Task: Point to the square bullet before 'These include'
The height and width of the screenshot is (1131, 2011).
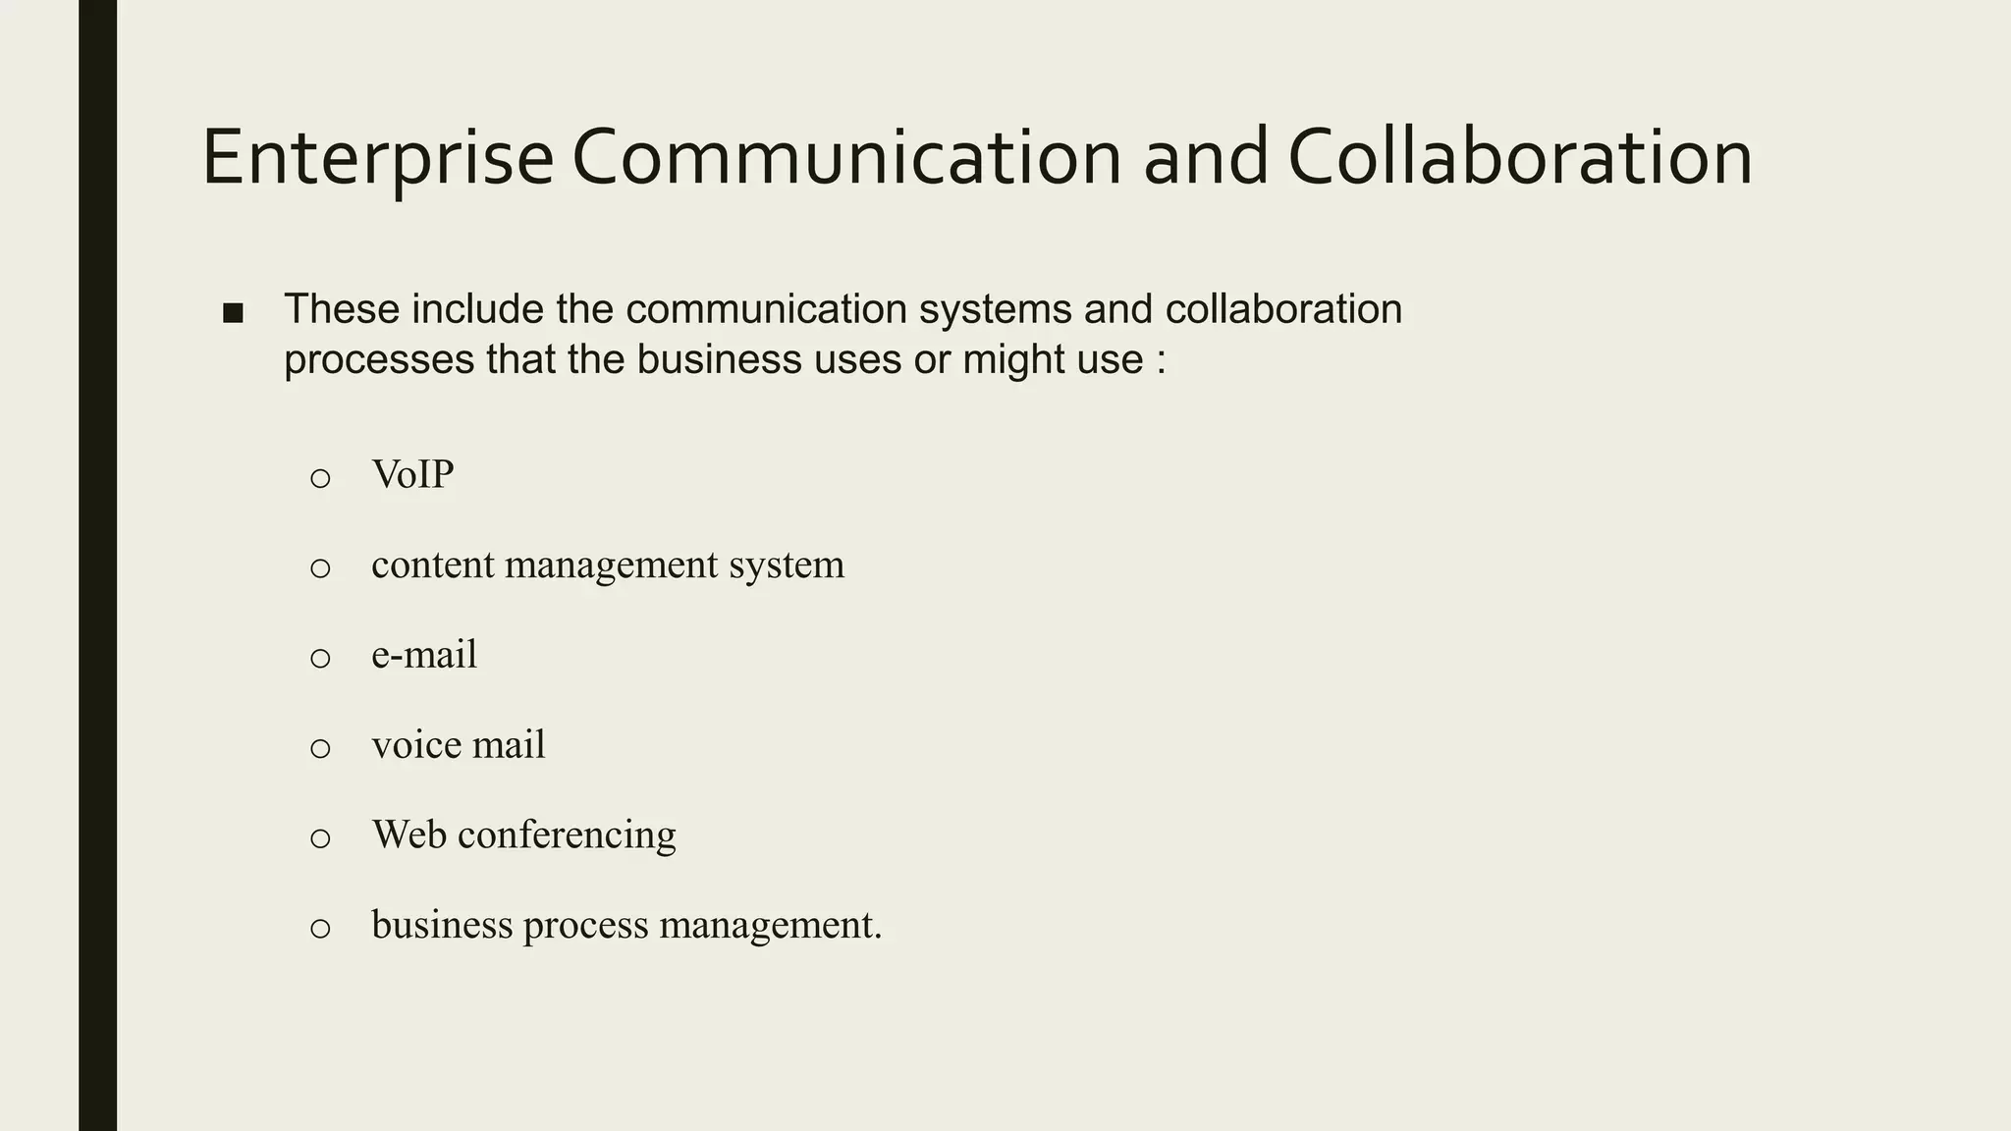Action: (x=233, y=313)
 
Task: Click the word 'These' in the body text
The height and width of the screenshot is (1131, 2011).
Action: (x=342, y=309)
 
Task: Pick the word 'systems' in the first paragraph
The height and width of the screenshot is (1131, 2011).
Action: (x=995, y=309)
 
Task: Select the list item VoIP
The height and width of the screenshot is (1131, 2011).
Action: (x=412, y=475)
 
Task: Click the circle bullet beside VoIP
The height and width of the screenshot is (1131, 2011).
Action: (x=320, y=479)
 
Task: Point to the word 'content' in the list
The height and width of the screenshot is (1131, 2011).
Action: (x=432, y=565)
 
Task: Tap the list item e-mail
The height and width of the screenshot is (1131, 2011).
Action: (x=424, y=655)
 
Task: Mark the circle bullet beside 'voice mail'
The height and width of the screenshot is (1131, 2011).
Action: (x=320, y=749)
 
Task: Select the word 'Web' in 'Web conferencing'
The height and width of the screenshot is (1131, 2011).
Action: (x=408, y=835)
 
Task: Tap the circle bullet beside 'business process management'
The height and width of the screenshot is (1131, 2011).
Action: (x=320, y=929)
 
